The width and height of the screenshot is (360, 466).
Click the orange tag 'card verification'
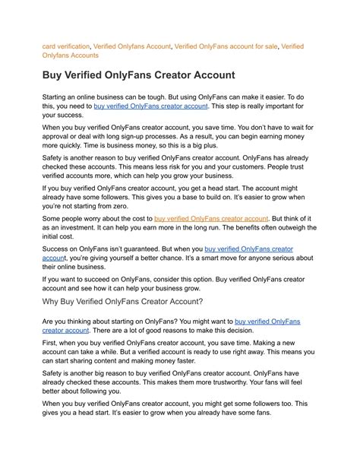point(65,46)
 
